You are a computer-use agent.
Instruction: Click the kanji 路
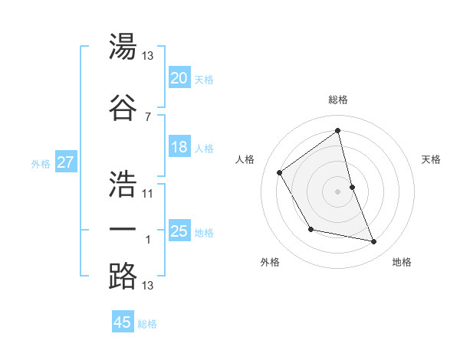(x=123, y=276)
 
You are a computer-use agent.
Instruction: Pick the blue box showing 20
(x=179, y=78)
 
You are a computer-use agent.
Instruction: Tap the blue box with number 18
(x=179, y=148)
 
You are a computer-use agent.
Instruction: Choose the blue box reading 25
(x=179, y=231)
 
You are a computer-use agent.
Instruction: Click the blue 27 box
(x=65, y=162)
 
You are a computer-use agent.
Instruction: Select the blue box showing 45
(x=123, y=322)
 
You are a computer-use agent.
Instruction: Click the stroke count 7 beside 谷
(x=147, y=116)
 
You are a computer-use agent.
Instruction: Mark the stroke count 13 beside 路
(x=147, y=286)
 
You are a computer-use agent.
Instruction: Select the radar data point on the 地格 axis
(x=374, y=242)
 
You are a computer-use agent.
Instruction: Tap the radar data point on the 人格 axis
(x=280, y=172)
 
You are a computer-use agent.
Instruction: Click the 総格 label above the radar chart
(x=337, y=100)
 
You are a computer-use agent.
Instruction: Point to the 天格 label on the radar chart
(x=432, y=159)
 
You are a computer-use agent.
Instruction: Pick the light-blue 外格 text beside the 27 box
(x=41, y=163)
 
